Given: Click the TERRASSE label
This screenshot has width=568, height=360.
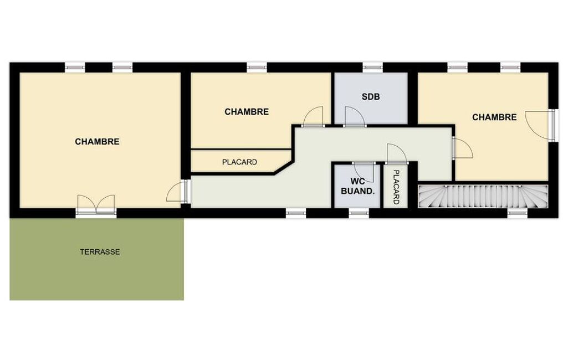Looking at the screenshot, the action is coord(100,251).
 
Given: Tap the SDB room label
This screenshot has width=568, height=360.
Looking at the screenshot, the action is coord(371,97).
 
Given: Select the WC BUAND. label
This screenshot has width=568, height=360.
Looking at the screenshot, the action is coord(357,186).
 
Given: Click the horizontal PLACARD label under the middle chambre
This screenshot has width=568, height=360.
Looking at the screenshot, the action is coord(239,162).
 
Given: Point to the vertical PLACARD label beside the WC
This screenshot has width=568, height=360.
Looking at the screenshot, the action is coord(396,187).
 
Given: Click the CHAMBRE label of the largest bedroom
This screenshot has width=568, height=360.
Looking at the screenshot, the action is coord(97,141).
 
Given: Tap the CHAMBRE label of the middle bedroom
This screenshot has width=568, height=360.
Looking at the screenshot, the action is coord(247,111).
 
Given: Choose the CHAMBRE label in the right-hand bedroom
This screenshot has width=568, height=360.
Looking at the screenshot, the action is coord(494,117).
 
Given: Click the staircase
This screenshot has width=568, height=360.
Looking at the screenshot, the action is coord(483,196).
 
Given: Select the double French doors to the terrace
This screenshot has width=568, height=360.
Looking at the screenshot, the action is coord(96,205).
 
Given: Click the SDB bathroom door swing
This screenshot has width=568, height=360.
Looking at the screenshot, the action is coord(354,116).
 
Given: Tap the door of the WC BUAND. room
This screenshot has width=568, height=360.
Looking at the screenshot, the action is coord(364,173).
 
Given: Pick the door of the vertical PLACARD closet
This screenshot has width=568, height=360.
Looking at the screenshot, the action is coord(397,153).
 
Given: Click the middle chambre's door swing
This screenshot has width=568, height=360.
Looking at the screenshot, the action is coord(313,116).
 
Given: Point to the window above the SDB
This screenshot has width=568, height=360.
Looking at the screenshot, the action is coord(373,68).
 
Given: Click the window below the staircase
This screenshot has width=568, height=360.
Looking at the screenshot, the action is coord(518,214).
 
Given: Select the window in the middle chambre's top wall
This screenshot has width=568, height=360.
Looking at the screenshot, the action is coord(257,68).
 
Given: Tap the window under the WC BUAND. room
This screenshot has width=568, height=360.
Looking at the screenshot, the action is coord(359,214).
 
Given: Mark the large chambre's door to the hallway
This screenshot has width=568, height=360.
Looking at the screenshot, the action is coord(177,192).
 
